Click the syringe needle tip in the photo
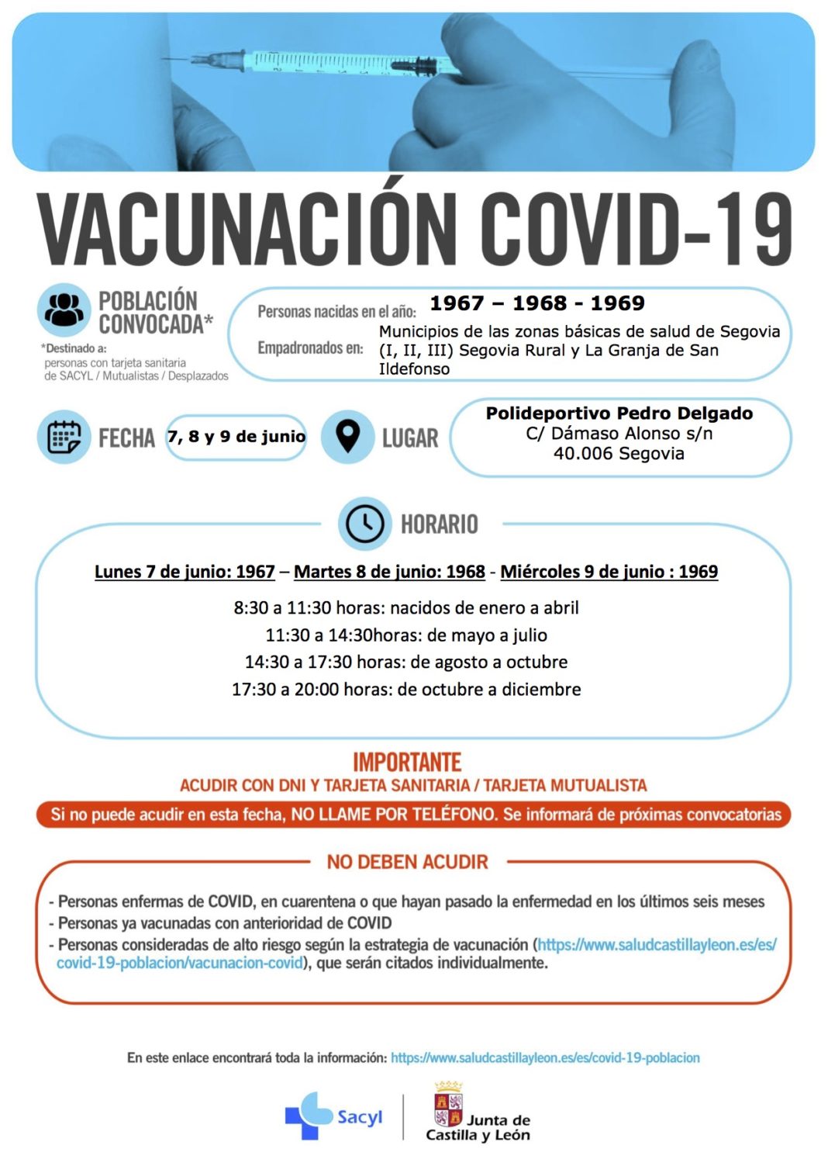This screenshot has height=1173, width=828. coord(168,59)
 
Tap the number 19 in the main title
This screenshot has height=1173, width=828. coord(750,230)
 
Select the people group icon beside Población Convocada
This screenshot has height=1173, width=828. coord(64,310)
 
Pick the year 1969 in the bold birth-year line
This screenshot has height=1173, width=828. coord(617,303)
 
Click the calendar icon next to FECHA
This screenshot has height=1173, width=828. coord(64,438)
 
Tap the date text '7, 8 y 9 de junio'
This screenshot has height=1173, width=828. coord(236,437)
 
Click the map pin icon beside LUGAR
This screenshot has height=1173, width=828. coord(347,437)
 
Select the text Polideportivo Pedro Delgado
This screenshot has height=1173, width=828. coord(619,413)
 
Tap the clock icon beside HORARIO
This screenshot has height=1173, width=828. coord(364,524)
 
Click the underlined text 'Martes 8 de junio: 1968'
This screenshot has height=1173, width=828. coord(389,572)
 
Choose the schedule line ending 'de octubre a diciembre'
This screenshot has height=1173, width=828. coord(406,689)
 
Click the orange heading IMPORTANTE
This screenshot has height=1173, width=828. coord(407,762)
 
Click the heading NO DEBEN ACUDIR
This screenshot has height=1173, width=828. coord(407,862)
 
